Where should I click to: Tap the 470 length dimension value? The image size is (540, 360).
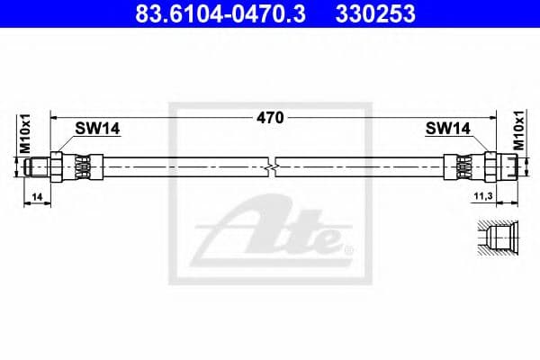click(270, 117)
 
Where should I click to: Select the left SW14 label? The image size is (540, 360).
click(96, 130)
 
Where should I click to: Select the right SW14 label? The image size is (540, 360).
click(447, 130)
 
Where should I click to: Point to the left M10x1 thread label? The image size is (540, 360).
click(26, 133)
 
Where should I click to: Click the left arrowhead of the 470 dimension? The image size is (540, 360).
click(54, 117)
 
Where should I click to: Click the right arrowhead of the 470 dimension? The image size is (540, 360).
click(490, 117)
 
